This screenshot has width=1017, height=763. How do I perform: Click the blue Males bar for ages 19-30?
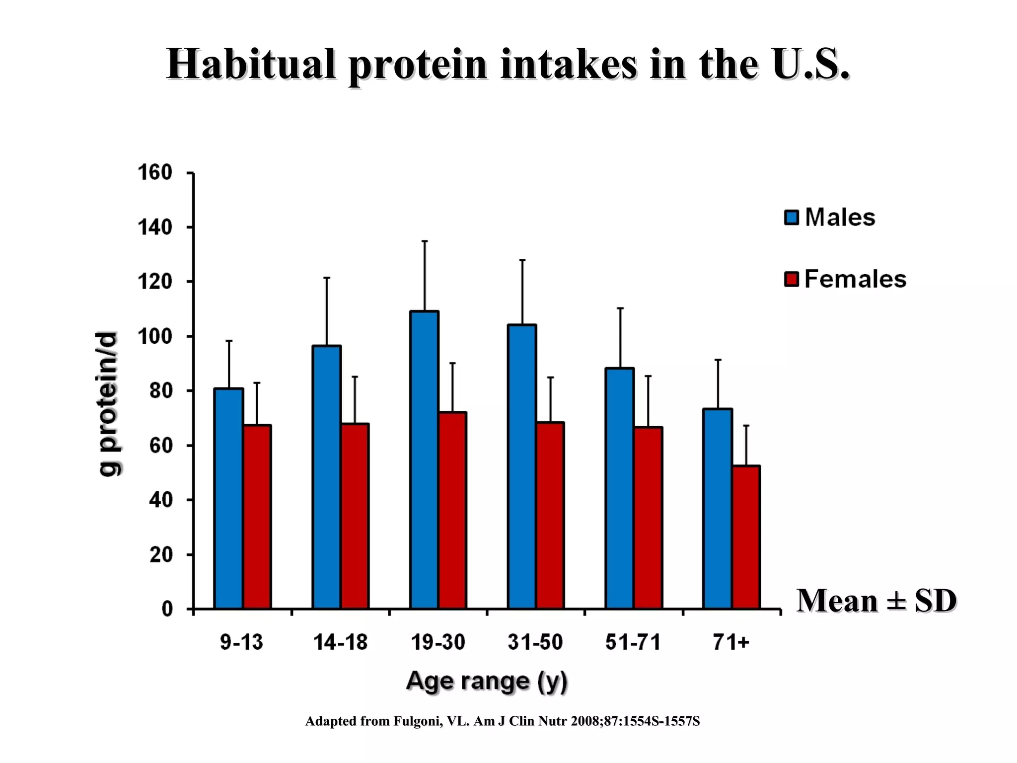pos(424,459)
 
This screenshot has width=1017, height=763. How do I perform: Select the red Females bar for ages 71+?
pos(746,536)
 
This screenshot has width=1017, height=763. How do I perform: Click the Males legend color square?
pos(791,218)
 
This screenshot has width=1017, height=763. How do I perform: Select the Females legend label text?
pos(855,279)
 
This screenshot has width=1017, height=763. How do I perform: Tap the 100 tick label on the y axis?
pos(154,336)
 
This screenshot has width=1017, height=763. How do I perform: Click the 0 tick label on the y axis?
pos(167,609)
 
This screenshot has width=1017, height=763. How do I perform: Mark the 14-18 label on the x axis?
pos(340,642)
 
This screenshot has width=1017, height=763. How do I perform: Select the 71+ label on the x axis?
pos(730,642)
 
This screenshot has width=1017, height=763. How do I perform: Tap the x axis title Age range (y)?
pos(487,681)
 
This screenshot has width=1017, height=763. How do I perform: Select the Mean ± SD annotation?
pos(876,601)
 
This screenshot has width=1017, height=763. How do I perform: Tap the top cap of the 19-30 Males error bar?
pos(425,241)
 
